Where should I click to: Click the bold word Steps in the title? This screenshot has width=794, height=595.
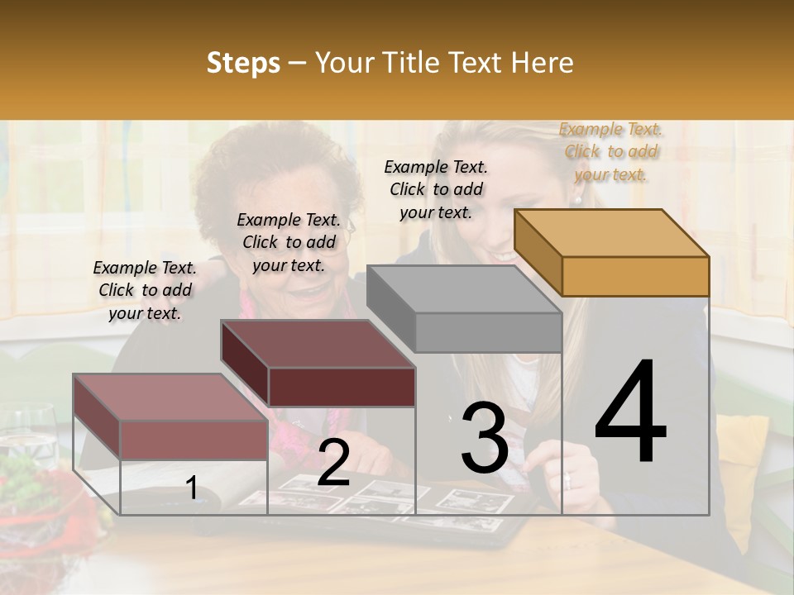(243, 63)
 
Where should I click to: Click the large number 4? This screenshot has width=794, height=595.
(630, 413)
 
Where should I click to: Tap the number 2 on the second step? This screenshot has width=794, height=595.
(333, 463)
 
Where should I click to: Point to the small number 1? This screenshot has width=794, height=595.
(192, 488)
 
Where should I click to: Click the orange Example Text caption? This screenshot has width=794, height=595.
(611, 151)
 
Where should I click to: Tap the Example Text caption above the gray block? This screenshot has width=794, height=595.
(436, 189)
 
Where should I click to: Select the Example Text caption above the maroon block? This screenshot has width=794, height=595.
(289, 242)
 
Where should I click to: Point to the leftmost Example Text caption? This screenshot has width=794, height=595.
(145, 290)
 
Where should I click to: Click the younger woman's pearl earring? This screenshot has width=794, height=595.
(578, 200)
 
